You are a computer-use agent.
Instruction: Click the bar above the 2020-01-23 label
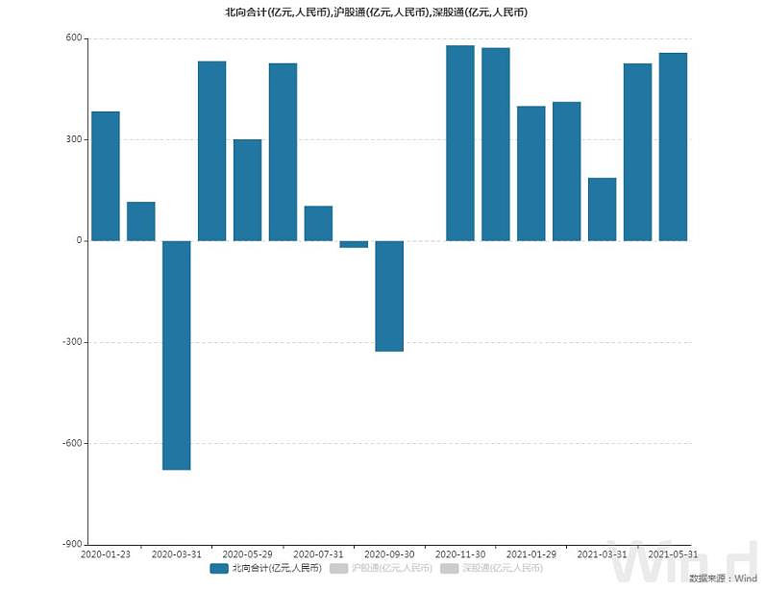coord(106,176)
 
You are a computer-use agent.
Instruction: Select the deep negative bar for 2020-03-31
coord(176,355)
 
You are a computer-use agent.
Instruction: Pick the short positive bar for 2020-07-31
coord(318,223)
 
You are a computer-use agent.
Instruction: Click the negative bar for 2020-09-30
coord(389,296)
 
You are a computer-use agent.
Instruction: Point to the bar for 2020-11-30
coord(460,142)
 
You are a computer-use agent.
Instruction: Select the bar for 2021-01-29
coord(531,173)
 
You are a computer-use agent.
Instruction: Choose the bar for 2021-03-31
coord(602,209)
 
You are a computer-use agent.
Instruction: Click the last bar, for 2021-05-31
coord(673,146)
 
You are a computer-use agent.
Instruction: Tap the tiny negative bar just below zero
coord(354,244)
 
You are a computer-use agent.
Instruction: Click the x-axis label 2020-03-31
coord(177,554)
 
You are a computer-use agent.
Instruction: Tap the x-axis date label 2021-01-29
coord(531,554)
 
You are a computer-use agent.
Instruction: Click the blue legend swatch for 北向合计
coord(219,569)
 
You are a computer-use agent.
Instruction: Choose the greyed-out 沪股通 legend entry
coord(375,569)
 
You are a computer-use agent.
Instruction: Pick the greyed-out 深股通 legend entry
coord(490,569)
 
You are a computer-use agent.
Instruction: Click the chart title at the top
coord(382,12)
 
